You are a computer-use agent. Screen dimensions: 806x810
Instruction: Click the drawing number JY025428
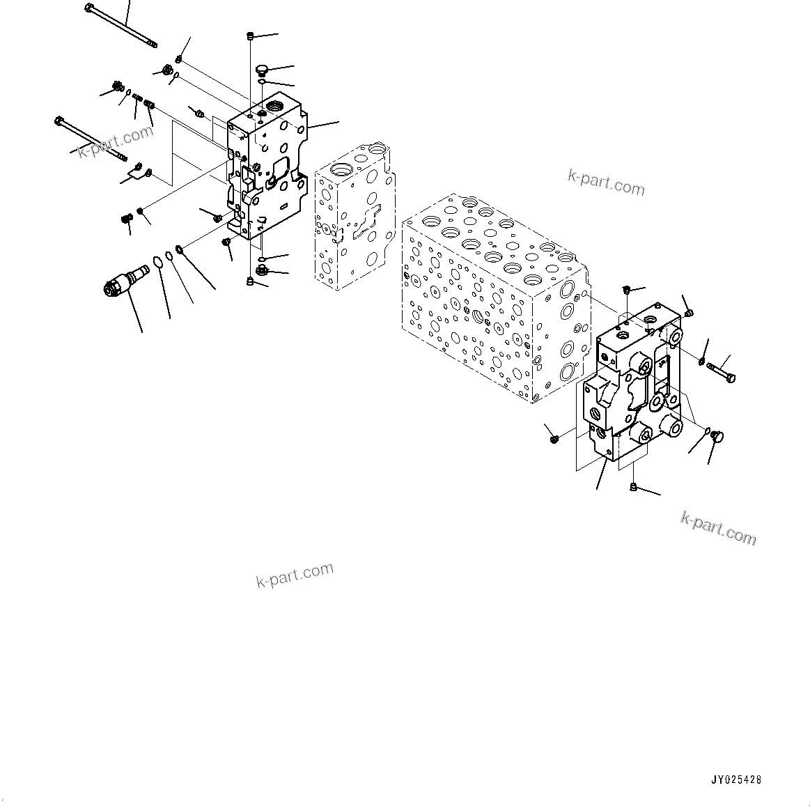pos(736,780)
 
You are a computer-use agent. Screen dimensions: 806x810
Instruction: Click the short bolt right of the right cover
pos(720,371)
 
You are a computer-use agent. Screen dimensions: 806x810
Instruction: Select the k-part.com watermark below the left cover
pos(295,575)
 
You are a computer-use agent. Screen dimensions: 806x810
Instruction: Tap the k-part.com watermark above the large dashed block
pos(606,183)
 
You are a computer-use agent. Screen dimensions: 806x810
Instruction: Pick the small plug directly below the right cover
pos(633,486)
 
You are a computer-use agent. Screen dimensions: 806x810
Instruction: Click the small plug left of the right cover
pos(554,438)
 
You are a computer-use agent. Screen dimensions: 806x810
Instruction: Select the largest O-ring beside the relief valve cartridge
pos(158,263)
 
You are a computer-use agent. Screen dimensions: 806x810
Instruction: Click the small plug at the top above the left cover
pos(250,36)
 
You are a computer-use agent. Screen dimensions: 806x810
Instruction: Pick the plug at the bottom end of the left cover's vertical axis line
pos(250,281)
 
